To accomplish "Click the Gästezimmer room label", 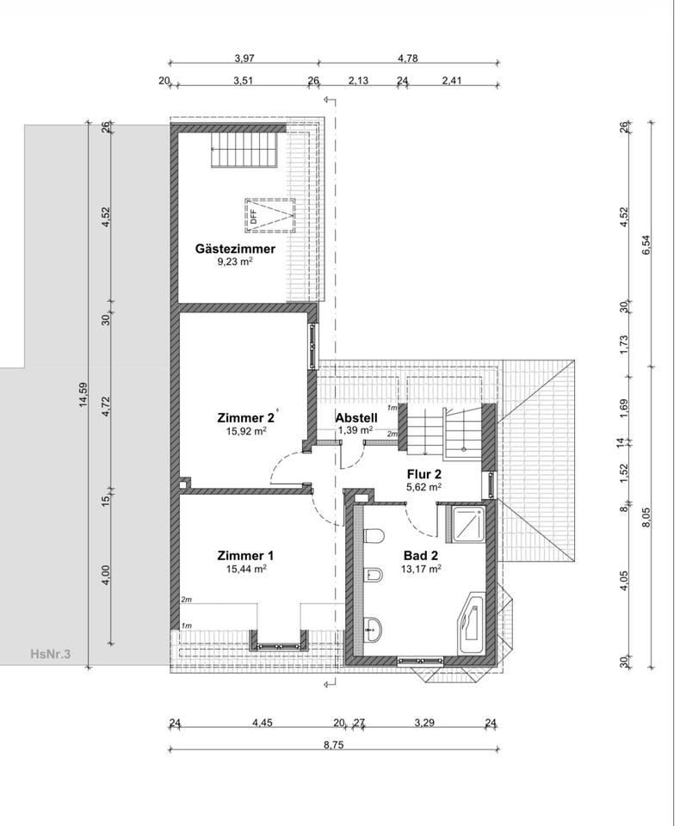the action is [235, 249].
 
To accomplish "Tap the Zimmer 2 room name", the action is [245, 418].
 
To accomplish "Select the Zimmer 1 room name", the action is [245, 556].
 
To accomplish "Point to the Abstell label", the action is [356, 418].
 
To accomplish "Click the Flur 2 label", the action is [424, 474].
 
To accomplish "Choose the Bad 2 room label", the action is [421, 556].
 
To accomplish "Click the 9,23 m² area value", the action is [235, 262].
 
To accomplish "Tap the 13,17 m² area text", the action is [421, 569].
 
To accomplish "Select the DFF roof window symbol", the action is [269, 215].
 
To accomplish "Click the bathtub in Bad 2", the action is [472, 625].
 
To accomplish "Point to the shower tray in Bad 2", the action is [467, 523].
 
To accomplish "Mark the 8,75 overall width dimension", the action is [333, 745].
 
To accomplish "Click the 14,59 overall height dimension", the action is [83, 395].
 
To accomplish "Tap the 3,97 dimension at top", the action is [244, 59].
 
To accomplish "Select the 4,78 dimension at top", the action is [408, 59].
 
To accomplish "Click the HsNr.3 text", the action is [51, 654].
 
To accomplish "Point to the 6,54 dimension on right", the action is [646, 244].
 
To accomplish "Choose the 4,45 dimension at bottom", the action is [263, 722].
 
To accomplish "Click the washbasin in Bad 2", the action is [374, 628].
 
